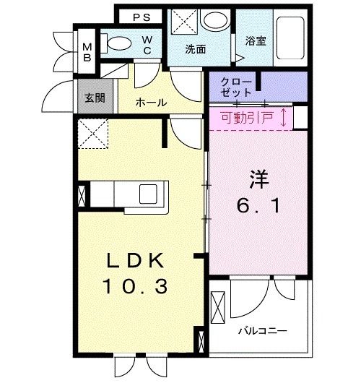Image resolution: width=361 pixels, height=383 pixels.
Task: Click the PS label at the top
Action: [142, 17]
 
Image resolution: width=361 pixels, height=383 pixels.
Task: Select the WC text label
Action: [147, 46]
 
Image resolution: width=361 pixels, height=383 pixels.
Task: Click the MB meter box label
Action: [87, 52]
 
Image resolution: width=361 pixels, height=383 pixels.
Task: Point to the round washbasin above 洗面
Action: [214, 20]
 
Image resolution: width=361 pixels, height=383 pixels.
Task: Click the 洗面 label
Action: [196, 49]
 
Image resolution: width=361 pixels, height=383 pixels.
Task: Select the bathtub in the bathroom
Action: [290, 38]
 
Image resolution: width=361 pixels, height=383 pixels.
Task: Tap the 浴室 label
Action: [256, 40]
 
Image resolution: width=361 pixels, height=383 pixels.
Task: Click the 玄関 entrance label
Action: [95, 98]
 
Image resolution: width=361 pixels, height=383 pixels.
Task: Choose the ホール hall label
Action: [152, 103]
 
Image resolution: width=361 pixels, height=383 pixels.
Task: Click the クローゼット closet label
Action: [236, 87]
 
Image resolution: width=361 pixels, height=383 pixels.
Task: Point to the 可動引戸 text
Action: [247, 118]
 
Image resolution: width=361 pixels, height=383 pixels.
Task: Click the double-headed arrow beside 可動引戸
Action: [283, 118]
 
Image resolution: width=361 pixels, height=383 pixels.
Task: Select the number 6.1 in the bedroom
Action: [258, 205]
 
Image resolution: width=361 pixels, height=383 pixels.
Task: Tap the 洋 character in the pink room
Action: [259, 179]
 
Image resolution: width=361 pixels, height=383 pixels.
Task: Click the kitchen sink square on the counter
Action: [148, 194]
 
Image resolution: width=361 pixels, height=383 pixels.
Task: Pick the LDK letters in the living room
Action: [136, 260]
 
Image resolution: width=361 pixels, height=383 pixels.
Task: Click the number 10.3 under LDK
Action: [135, 286]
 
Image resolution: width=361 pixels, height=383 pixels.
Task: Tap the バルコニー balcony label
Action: [263, 331]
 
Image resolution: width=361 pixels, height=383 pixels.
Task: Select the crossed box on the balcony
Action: [218, 307]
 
